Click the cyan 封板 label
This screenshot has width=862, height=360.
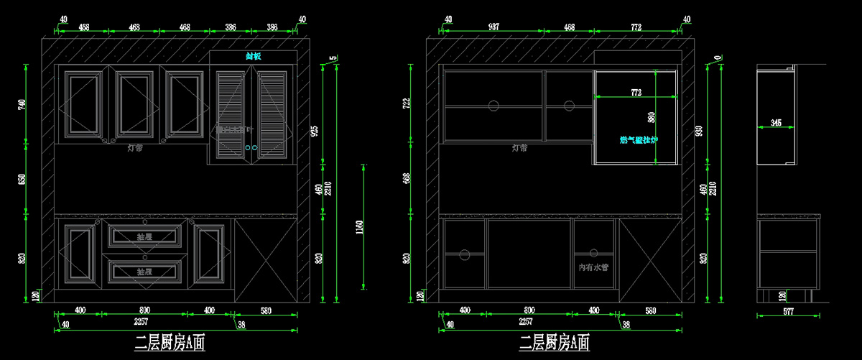pyautogui.click(x=253, y=56)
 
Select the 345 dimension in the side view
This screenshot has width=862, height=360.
pyautogui.click(x=775, y=124)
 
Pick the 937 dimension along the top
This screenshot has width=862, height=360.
pyautogui.click(x=493, y=27)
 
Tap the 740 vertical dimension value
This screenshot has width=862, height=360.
pyautogui.click(x=22, y=105)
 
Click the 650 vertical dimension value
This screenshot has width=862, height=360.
pyautogui.click(x=22, y=179)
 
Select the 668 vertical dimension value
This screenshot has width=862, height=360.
pyautogui.click(x=407, y=178)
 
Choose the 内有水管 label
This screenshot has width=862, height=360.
pyautogui.click(x=593, y=267)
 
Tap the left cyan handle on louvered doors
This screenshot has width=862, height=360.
pyautogui.click(x=248, y=148)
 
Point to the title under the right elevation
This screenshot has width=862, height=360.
pyautogui.click(x=554, y=343)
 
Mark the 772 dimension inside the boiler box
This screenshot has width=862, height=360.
pyautogui.click(x=636, y=93)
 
